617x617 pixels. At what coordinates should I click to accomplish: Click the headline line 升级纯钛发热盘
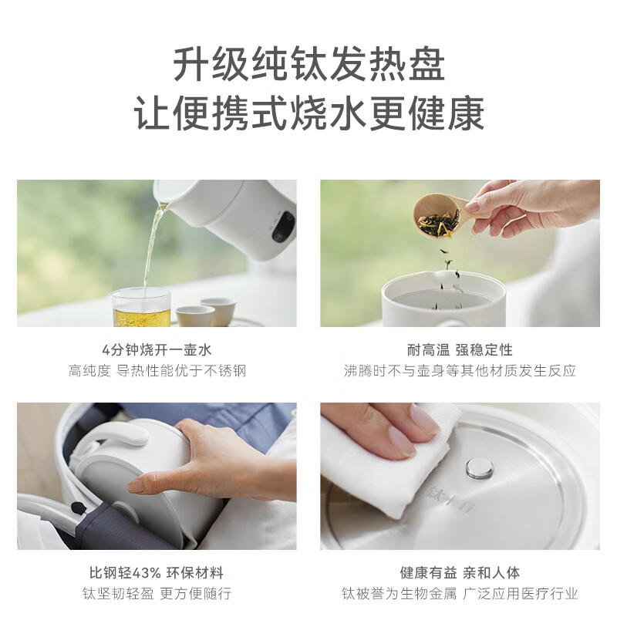[309, 64]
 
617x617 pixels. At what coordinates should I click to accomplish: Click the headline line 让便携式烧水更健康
[309, 113]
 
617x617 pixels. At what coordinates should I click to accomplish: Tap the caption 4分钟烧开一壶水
[157, 349]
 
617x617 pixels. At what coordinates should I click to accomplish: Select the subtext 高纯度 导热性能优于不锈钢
[157, 371]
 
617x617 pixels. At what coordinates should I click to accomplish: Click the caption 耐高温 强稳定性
[460, 349]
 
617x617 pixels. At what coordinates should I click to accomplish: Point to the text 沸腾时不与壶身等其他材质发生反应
[460, 371]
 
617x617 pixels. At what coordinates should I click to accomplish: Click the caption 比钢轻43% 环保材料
[157, 572]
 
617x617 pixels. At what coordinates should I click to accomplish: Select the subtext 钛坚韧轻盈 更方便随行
[157, 593]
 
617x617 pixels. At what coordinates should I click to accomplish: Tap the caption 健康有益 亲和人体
[460, 572]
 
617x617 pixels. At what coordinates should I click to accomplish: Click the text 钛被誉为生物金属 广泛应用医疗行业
[460, 593]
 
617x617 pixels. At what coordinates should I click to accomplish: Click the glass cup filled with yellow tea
[141, 307]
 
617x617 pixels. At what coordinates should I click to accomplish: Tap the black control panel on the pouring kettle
[283, 227]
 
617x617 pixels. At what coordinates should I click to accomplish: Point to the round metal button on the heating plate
[480, 468]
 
